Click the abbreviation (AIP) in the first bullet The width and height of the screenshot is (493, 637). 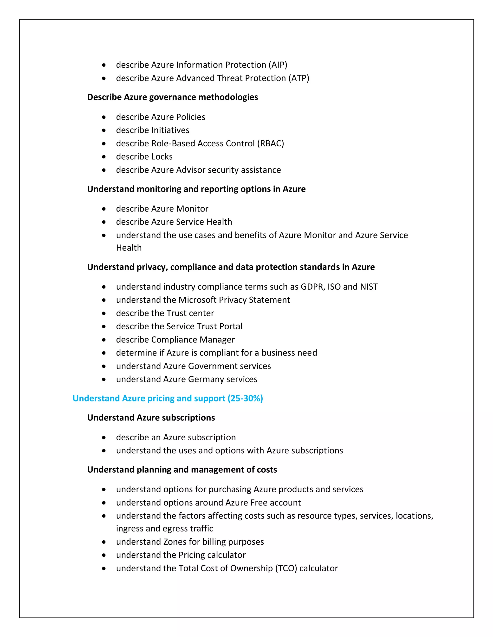click(278, 65)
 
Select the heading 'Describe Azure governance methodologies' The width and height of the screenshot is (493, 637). click(172, 97)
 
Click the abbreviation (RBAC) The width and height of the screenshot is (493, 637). click(270, 144)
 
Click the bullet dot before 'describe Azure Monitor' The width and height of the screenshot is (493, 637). click(104, 209)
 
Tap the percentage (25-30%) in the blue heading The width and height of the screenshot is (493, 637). click(245, 398)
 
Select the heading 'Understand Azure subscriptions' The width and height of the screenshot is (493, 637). click(151, 418)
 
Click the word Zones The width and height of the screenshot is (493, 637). click(175, 542)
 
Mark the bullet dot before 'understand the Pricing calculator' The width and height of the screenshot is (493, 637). click(104, 555)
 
